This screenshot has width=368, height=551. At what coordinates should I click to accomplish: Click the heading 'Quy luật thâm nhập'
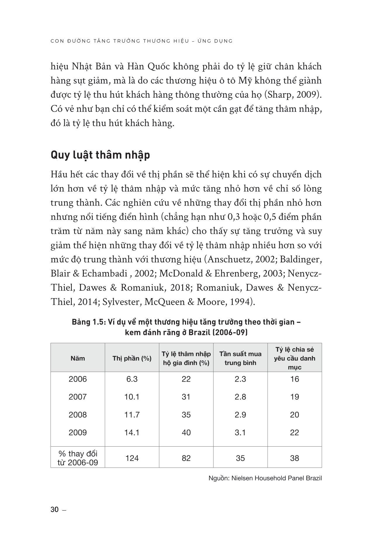pyautogui.click(x=100, y=155)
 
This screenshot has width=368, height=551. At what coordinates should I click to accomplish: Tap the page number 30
pyautogui.click(x=55, y=510)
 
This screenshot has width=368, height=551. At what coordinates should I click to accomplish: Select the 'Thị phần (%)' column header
pyautogui.click(x=132, y=358)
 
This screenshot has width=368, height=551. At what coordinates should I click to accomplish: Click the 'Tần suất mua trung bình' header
pyautogui.click(x=240, y=358)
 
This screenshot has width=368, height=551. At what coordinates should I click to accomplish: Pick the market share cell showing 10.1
pyautogui.click(x=132, y=397)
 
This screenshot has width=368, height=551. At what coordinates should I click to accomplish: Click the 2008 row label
pyautogui.click(x=78, y=415)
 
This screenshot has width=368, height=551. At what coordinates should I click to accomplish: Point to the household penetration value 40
pyautogui.click(x=186, y=432)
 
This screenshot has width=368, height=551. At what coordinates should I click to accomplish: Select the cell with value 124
pyautogui.click(x=132, y=458)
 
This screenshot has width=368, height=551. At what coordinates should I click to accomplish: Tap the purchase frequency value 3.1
pyautogui.click(x=240, y=432)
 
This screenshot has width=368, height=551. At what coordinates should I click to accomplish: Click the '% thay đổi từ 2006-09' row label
pyautogui.click(x=78, y=458)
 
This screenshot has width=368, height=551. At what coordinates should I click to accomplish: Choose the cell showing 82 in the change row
pyautogui.click(x=186, y=458)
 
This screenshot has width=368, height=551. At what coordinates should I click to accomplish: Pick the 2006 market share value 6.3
pyautogui.click(x=132, y=379)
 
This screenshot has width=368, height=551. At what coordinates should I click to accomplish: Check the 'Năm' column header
pyautogui.click(x=78, y=358)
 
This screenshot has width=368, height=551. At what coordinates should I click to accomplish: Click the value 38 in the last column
pyautogui.click(x=294, y=458)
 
